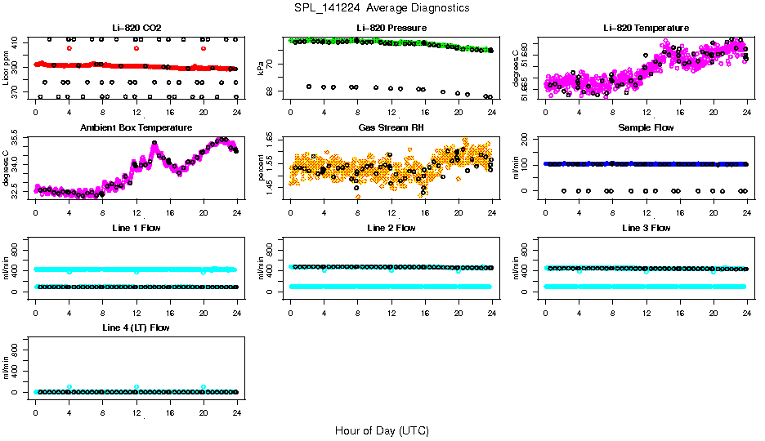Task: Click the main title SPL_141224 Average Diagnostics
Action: point(382,7)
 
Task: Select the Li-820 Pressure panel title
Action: point(391,28)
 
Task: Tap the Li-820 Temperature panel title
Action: point(646,28)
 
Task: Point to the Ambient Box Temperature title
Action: point(136,127)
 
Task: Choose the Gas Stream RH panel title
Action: point(391,127)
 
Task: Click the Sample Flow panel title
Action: point(646,127)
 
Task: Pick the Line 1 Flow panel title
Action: point(136,228)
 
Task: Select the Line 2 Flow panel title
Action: point(391,228)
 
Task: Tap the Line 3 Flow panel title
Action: point(646,228)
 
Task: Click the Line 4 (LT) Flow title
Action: point(136,327)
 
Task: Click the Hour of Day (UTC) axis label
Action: point(382,430)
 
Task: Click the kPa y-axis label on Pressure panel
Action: point(262,69)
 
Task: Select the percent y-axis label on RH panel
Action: point(262,168)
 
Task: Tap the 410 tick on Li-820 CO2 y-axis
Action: point(16,40)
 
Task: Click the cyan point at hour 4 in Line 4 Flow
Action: point(69,386)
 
